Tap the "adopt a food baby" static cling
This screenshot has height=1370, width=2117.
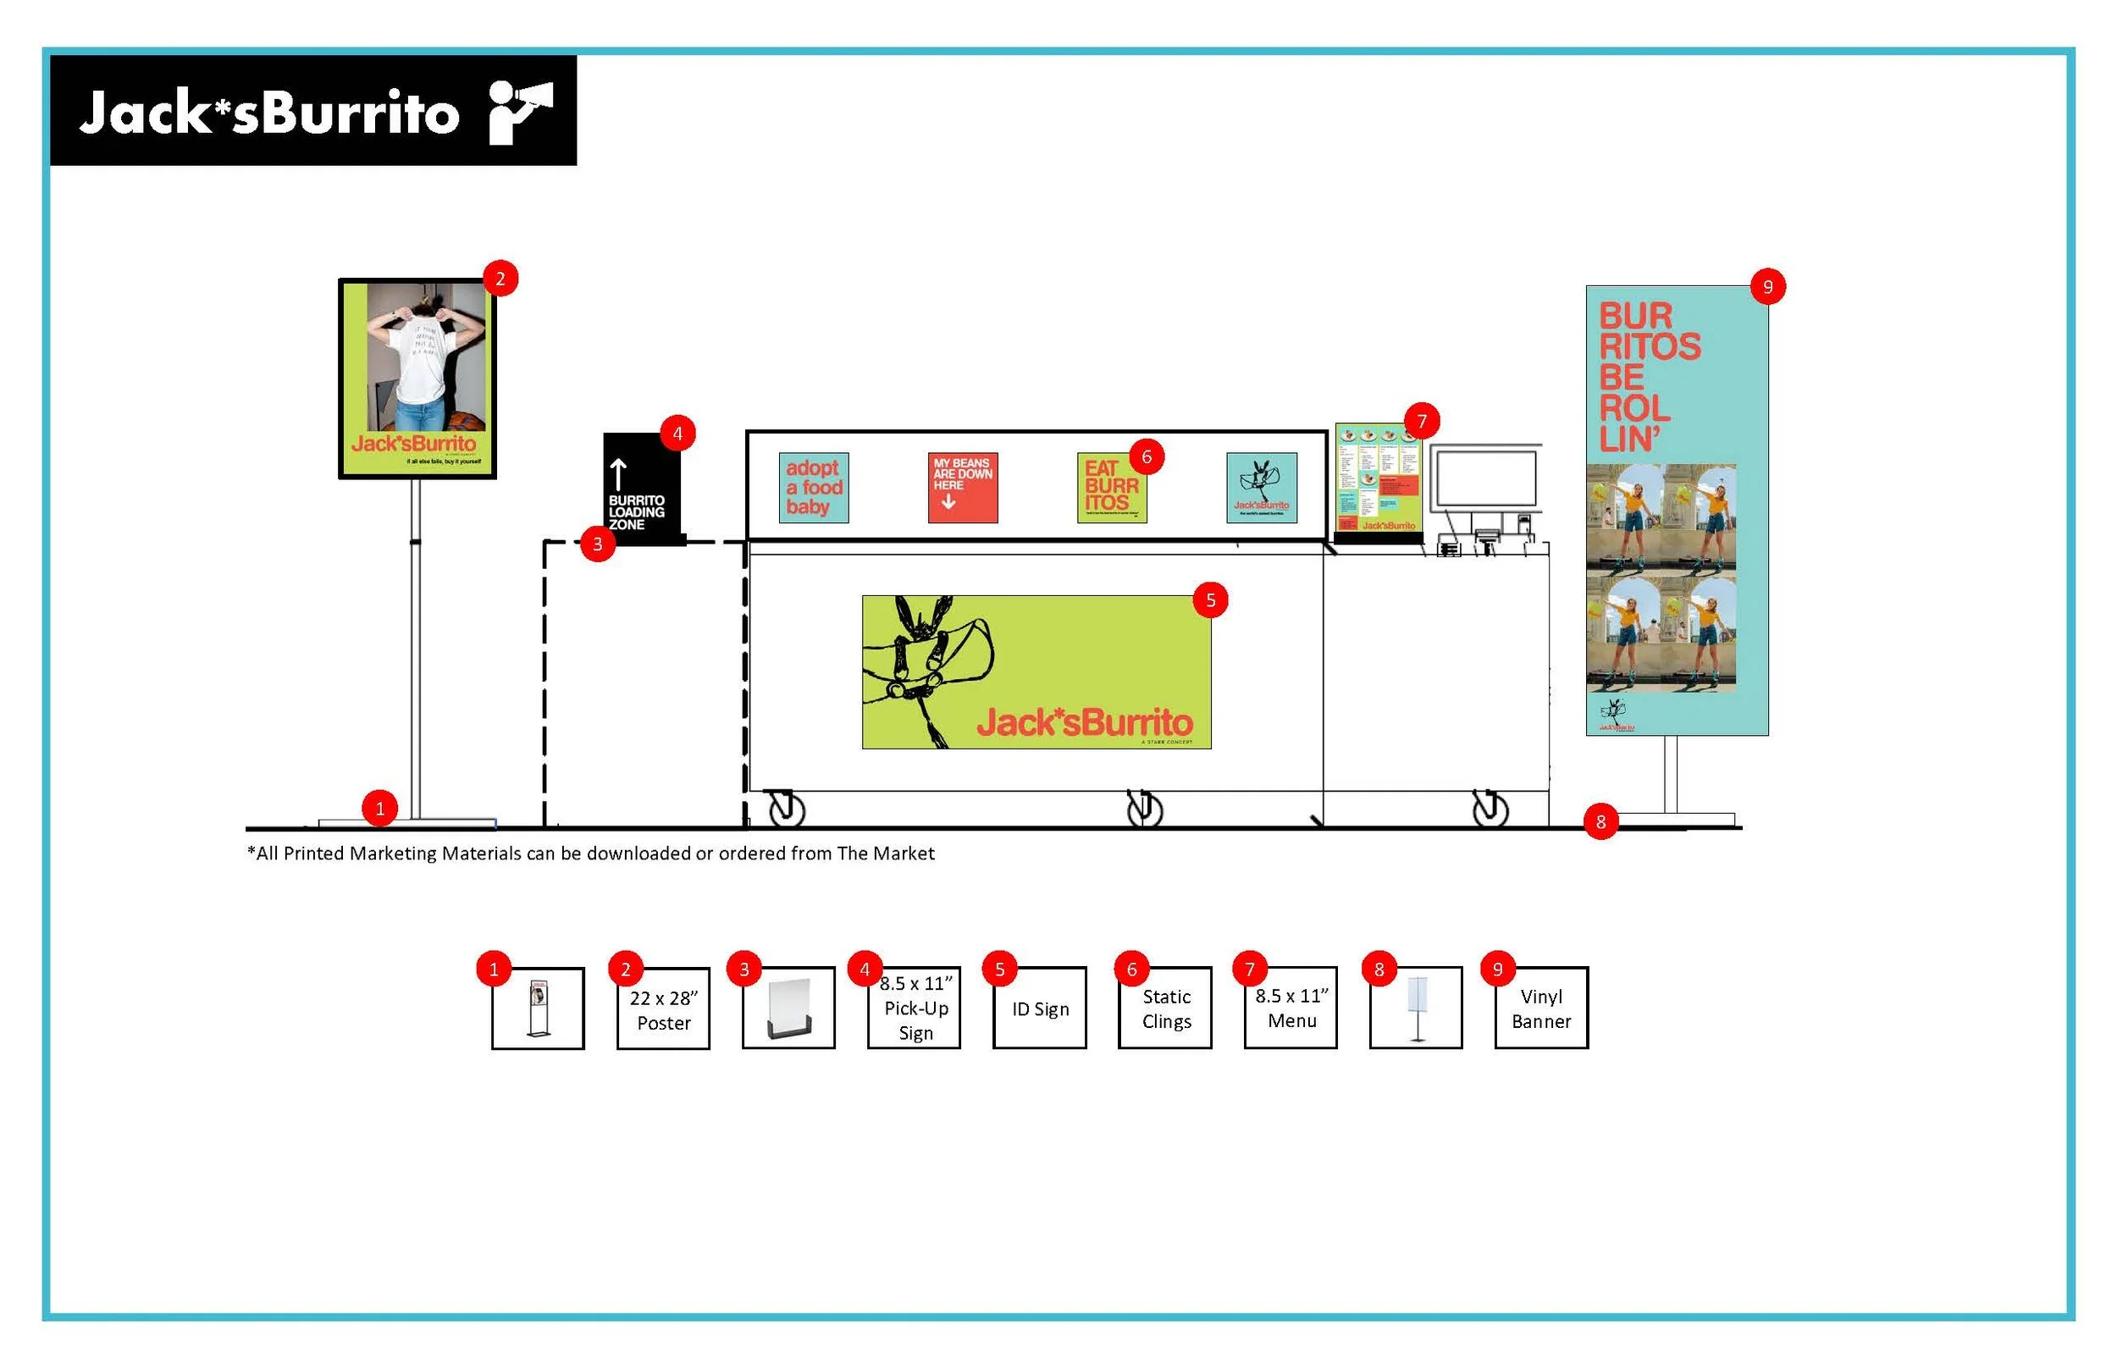pyautogui.click(x=813, y=488)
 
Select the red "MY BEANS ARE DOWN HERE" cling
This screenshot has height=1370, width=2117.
pyautogui.click(x=963, y=488)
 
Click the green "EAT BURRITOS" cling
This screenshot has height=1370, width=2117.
pyautogui.click(x=1111, y=489)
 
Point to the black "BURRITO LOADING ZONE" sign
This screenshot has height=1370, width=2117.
pyautogui.click(x=640, y=489)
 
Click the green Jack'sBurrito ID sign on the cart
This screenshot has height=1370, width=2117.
pyautogui.click(x=1036, y=671)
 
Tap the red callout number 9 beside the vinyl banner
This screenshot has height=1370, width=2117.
pyautogui.click(x=1766, y=286)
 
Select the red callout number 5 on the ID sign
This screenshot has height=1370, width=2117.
pyautogui.click(x=1210, y=599)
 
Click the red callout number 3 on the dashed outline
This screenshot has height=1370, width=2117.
pyautogui.click(x=598, y=544)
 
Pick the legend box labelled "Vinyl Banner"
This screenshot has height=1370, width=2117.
pyautogui.click(x=1540, y=1008)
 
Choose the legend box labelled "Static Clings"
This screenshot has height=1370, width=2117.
pyautogui.click(x=1165, y=1008)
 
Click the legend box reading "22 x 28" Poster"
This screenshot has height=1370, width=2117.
pyautogui.click(x=664, y=1009)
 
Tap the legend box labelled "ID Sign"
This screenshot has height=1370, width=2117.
pyautogui.click(x=1040, y=1008)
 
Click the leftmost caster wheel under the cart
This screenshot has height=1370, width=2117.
pyautogui.click(x=787, y=809)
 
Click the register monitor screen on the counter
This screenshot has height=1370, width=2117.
pyautogui.click(x=1485, y=478)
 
